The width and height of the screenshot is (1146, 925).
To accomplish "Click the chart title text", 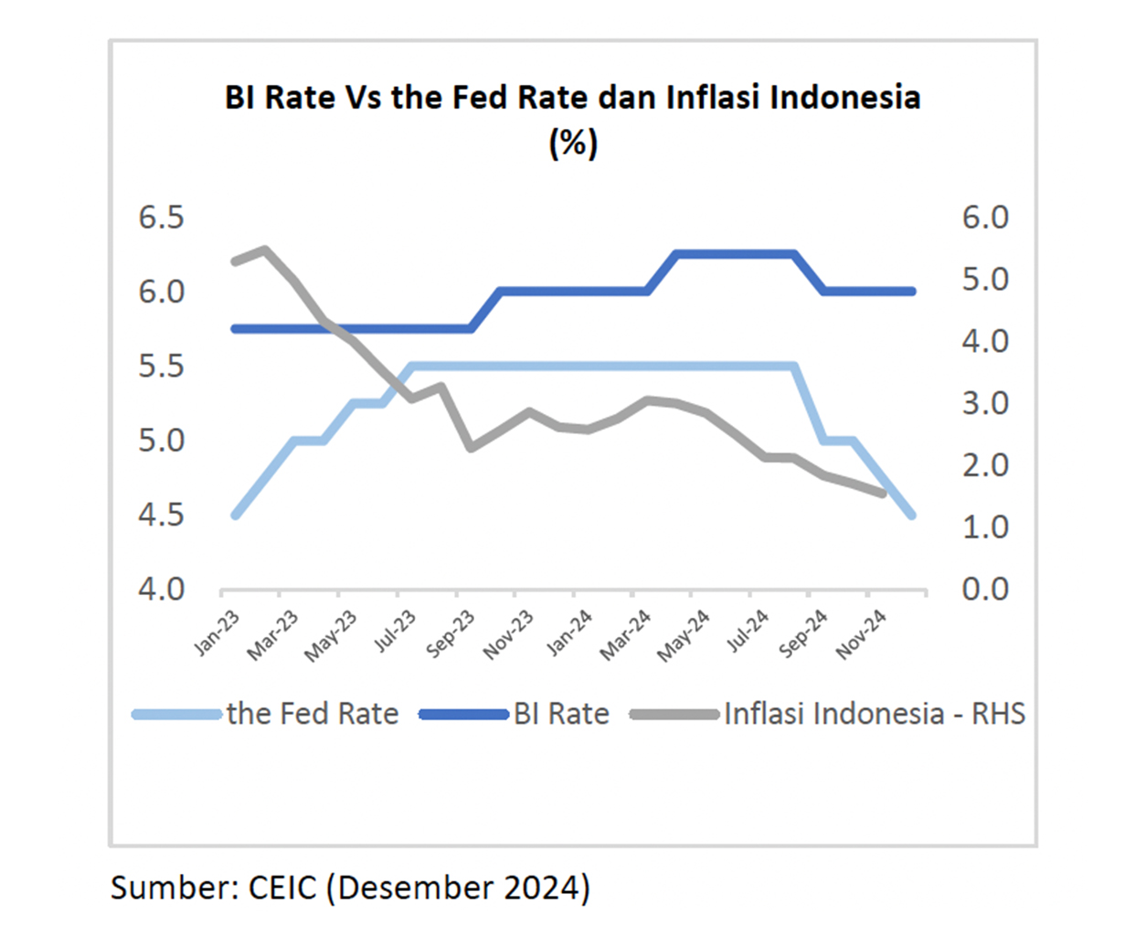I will [572, 98].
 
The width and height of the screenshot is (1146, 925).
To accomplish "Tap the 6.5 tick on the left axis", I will [161, 218].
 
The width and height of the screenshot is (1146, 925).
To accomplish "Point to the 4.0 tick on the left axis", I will [161, 589].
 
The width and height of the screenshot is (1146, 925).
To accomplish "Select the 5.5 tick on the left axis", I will [161, 366].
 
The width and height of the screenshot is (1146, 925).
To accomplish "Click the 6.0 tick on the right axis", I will [984, 218].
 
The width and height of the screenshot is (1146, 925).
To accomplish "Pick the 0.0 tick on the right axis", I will [984, 589].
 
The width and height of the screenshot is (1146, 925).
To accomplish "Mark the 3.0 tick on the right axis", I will [984, 403].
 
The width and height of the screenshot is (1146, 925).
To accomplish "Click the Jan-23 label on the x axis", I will [217, 633].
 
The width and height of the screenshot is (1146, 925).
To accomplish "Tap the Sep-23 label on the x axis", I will [451, 633].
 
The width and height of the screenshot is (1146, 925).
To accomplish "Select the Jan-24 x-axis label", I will [568, 633].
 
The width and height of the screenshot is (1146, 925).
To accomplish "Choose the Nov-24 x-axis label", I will [861, 633].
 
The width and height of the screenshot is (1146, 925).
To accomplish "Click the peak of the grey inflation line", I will [265, 249].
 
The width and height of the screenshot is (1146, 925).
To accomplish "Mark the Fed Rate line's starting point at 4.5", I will [236, 515].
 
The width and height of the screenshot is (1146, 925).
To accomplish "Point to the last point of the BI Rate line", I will [911, 292].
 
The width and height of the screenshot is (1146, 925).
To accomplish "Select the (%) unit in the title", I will [573, 144].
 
